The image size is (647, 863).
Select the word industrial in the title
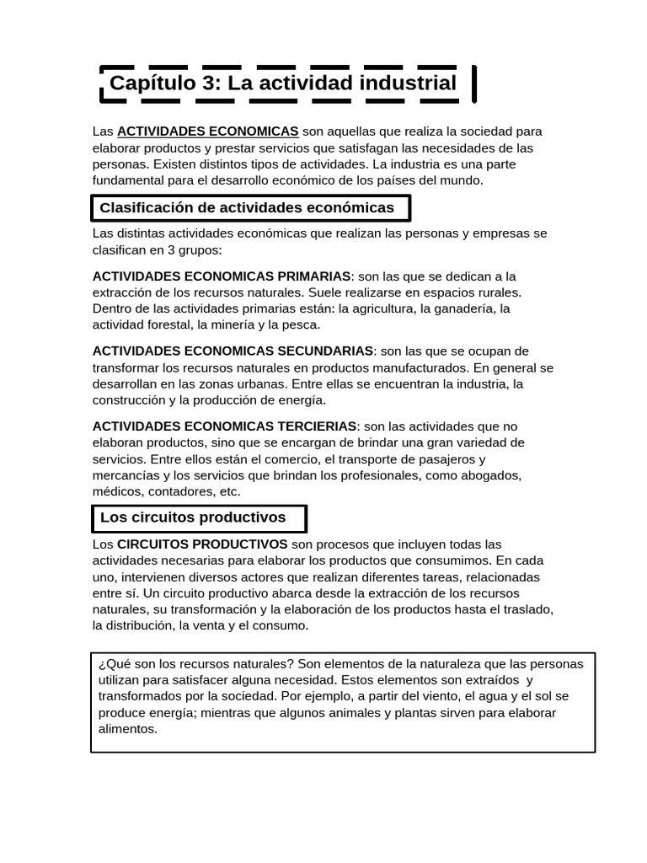pyautogui.click(x=408, y=83)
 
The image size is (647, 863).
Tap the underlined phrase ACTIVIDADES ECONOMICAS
pyautogui.click(x=207, y=131)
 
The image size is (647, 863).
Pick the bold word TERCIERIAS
pyautogui.click(x=316, y=426)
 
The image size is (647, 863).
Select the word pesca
pyautogui.click(x=304, y=324)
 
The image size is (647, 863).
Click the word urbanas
pyautogui.click(x=258, y=383)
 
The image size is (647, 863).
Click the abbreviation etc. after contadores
pyautogui.click(x=230, y=491)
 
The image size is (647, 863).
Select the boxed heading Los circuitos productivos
pyautogui.click(x=193, y=517)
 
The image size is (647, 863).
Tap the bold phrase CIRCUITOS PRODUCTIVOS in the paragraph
pyautogui.click(x=202, y=544)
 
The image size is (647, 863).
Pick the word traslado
pyautogui.click(x=527, y=609)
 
